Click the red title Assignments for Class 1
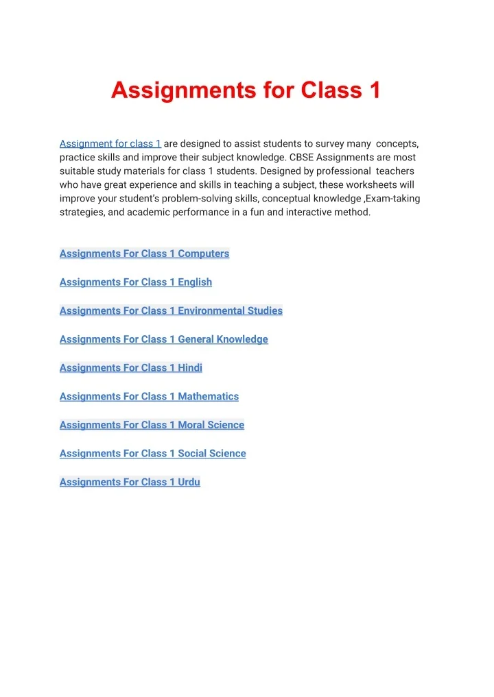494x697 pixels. coord(246,90)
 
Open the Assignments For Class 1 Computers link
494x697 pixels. coord(144,254)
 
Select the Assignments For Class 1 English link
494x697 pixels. coord(136,282)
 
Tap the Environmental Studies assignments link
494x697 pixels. coord(171,311)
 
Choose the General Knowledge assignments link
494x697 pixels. coord(163,339)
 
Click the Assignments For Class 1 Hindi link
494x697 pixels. coord(131,368)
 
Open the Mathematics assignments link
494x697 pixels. coord(149,397)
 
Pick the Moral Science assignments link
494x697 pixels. coord(152,425)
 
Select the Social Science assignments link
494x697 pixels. coord(152,454)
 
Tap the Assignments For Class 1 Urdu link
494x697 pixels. coord(130,482)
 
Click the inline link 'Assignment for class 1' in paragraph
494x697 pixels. coord(110,144)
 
